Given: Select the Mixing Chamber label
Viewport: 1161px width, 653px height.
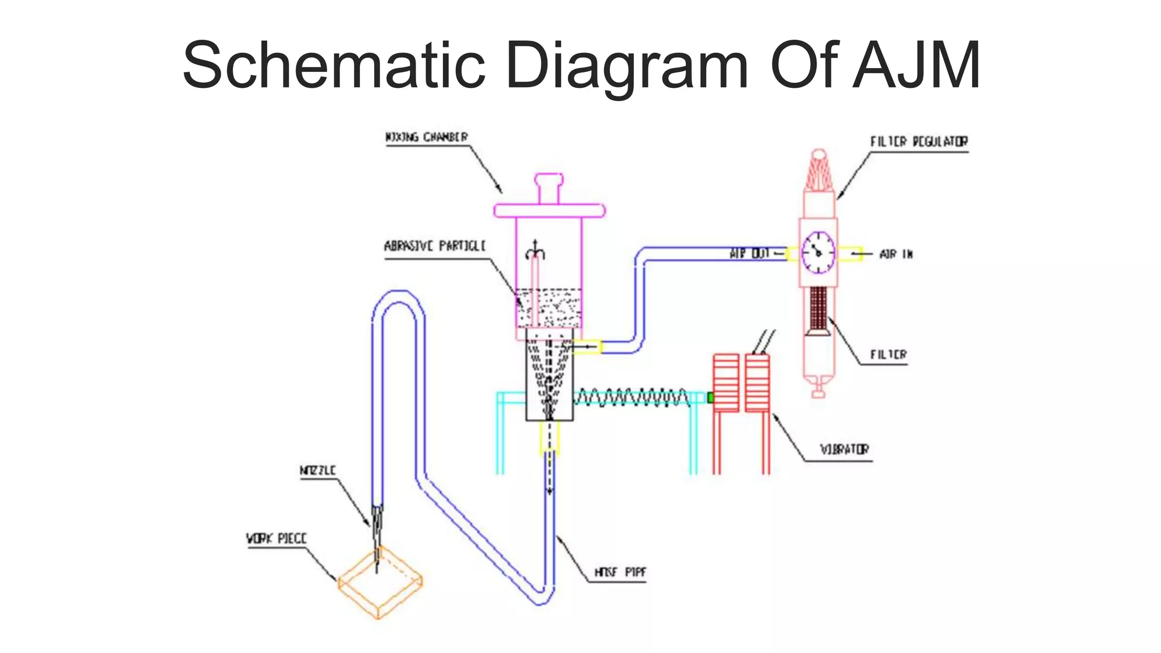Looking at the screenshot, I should click(426, 137).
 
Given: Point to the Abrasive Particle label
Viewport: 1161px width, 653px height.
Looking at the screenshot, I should click(435, 246).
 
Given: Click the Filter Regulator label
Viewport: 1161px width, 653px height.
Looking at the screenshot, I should click(919, 142).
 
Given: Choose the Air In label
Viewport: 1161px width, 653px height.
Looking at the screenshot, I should click(896, 254).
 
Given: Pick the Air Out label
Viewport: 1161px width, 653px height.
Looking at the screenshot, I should click(749, 253).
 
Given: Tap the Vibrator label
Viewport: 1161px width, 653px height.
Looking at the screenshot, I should click(844, 450).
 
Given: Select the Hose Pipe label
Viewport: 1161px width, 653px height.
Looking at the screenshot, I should click(620, 573).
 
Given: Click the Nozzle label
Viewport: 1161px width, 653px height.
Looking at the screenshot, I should click(317, 470).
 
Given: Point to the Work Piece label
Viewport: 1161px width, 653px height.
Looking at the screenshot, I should click(276, 538).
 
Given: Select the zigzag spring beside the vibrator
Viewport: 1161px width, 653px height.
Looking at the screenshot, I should click(632, 397).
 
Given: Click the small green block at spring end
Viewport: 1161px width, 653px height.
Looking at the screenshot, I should click(710, 398).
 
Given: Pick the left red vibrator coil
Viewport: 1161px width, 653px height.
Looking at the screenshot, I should click(726, 383).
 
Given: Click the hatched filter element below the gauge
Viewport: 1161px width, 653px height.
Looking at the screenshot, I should click(818, 309).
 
